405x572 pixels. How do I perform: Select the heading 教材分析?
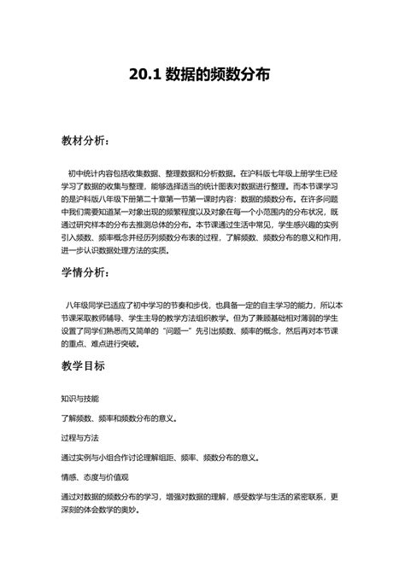(x=83, y=139)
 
